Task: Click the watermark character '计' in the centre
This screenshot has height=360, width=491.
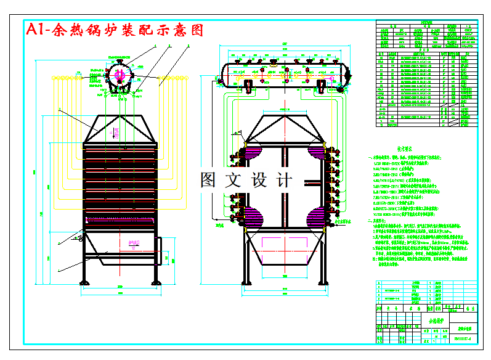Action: click(285, 180)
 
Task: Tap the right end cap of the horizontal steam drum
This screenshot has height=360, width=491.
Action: click(349, 73)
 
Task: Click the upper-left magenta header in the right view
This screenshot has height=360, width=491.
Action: click(253, 152)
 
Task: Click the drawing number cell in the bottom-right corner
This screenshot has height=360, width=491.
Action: click(462, 338)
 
